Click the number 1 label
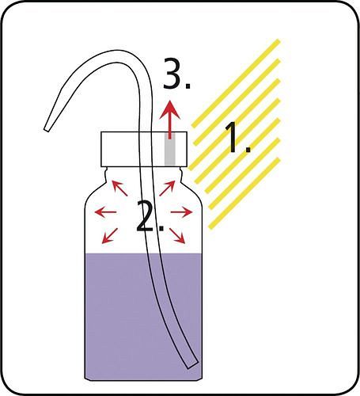click(x=237, y=137)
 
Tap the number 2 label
click(x=150, y=216)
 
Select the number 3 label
click(x=176, y=73)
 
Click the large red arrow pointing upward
click(x=170, y=120)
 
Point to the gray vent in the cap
click(x=170, y=149)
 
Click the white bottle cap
click(x=144, y=149)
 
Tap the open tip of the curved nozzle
click(x=47, y=129)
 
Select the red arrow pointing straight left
click(x=105, y=211)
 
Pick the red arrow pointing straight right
click(x=181, y=211)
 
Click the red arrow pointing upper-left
click(x=120, y=188)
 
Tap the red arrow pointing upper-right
click(x=167, y=188)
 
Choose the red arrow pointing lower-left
click(x=110, y=236)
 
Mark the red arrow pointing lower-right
click(x=177, y=236)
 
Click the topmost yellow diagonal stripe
click(x=235, y=83)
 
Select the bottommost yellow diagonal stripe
click(x=244, y=193)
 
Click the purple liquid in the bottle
click(x=143, y=317)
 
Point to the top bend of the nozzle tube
click(x=116, y=57)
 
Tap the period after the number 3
click(x=188, y=86)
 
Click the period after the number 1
click(x=248, y=150)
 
